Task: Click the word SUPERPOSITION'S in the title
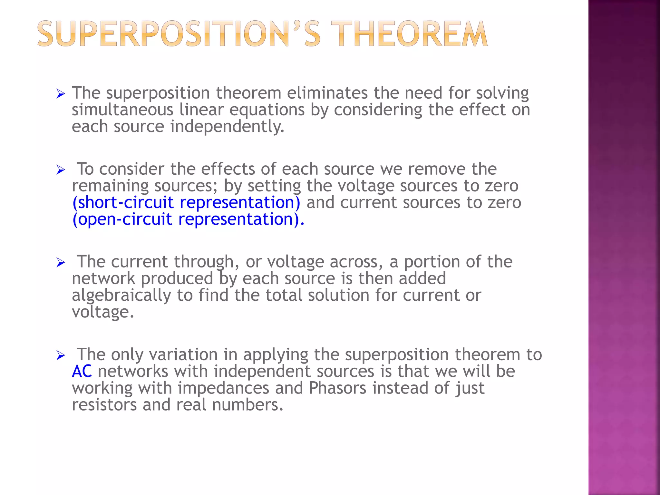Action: tap(179, 34)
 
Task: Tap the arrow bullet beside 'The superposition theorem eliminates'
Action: tap(61, 94)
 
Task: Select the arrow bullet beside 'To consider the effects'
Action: tap(61, 170)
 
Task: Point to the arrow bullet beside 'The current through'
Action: tap(61, 262)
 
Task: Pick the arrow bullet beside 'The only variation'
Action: tap(61, 355)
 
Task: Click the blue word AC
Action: tap(82, 371)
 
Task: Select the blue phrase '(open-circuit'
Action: tap(122, 219)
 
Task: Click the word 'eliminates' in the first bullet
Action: tap(327, 93)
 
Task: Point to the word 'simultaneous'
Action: tap(122, 110)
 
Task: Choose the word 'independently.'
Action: tap(227, 127)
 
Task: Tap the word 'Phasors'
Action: tap(337, 388)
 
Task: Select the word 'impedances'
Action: tap(223, 388)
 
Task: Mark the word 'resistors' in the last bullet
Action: tap(104, 405)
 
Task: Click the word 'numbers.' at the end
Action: tap(248, 405)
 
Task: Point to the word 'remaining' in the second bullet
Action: tap(110, 186)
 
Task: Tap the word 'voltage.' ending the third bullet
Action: tap(103, 312)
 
